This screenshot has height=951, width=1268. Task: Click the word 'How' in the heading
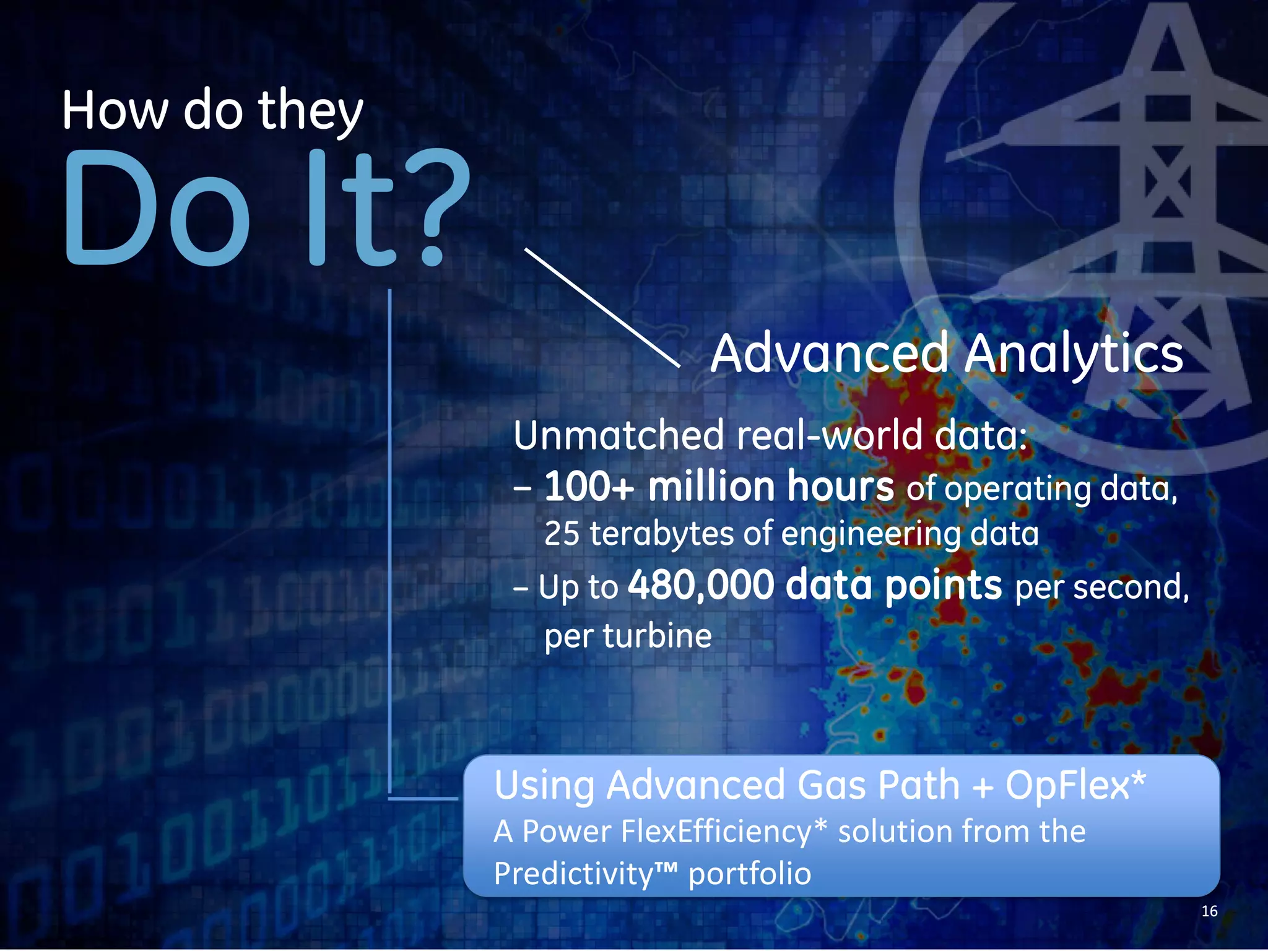[115, 111]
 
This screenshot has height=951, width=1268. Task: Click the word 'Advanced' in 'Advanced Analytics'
[830, 354]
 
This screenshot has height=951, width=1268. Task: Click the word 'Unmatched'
[619, 435]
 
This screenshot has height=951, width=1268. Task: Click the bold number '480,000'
[701, 585]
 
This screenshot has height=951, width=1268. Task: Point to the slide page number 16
[1209, 911]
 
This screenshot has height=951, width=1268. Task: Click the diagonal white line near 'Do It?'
[602, 308]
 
